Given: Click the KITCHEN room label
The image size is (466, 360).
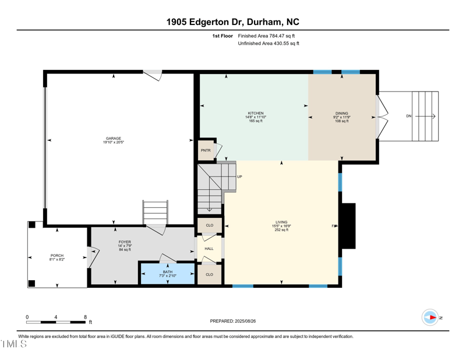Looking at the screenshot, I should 256,114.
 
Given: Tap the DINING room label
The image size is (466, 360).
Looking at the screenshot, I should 341,114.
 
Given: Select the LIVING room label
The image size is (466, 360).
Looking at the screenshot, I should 281,222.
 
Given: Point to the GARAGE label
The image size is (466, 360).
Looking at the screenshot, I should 113,139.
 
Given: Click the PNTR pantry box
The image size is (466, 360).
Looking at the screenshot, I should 206,150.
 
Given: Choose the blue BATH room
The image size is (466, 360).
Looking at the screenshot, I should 168,273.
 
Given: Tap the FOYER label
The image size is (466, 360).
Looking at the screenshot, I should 125,242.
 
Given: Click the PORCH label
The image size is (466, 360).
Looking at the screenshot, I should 57,256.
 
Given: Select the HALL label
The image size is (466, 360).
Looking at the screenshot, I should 209,249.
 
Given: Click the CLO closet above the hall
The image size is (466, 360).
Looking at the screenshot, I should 209,225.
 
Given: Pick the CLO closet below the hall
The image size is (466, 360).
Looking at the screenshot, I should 209,274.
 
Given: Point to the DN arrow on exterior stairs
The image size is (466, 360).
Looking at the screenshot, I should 409,117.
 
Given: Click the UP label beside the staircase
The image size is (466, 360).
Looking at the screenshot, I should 239,177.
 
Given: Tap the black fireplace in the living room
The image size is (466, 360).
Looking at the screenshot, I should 348,226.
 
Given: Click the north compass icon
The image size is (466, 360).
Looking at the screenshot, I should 430,317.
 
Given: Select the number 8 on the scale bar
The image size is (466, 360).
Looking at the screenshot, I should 85,317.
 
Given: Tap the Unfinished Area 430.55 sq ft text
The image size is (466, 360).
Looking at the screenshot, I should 269,44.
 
